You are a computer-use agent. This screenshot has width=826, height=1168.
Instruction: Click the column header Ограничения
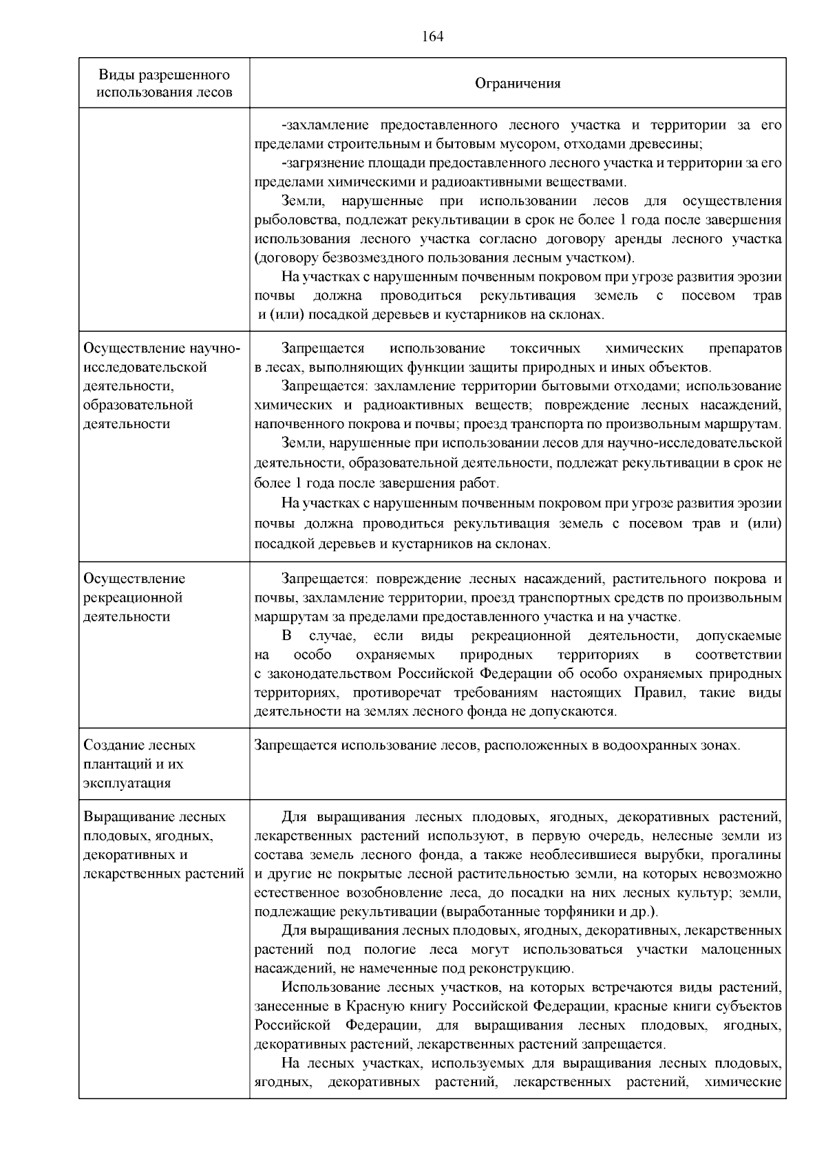pos(518,84)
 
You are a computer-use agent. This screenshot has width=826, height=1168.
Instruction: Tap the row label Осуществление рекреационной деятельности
pos(134,597)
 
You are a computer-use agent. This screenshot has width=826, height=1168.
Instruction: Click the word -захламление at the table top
pos(321,125)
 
